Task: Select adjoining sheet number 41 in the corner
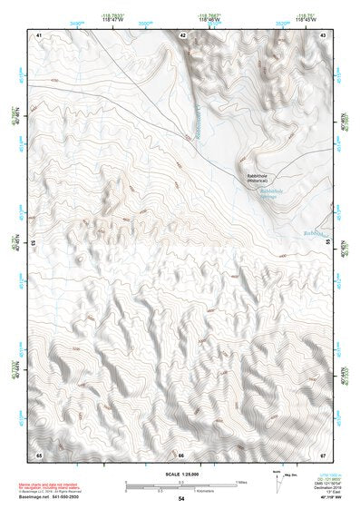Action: point(39,34)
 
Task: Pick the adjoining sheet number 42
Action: point(182,34)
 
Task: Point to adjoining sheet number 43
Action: point(324,34)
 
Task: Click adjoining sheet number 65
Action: point(39,453)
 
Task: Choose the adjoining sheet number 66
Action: point(181,454)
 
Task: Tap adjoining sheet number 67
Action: point(324,453)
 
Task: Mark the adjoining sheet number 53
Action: point(34,244)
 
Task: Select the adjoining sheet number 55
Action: point(328,244)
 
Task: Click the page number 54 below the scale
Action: point(181,499)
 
